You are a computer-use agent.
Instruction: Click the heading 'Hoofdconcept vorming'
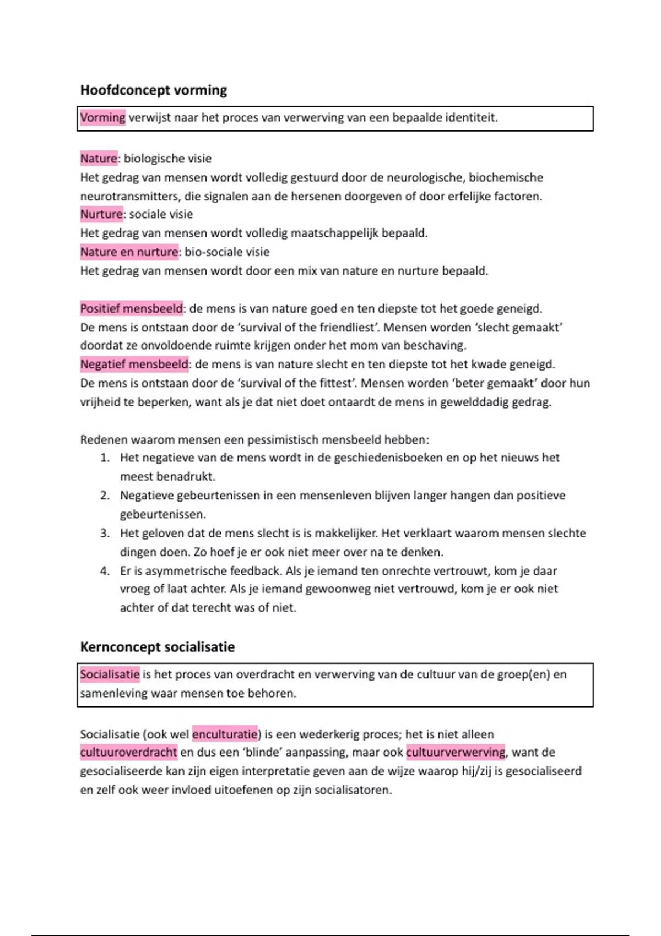pos(153,90)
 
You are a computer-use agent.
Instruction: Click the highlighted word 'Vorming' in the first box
pos(102,117)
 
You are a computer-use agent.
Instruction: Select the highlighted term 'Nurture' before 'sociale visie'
pos(101,214)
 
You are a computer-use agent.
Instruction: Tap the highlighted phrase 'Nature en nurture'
pos(129,252)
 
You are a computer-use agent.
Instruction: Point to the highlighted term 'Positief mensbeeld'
pos(131,308)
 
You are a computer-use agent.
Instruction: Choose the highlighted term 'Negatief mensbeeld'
pos(134,364)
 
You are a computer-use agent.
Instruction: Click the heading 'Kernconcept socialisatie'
pos(157,647)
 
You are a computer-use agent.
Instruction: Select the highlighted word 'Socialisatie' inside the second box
pos(110,674)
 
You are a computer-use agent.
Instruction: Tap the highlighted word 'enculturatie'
pos(225,734)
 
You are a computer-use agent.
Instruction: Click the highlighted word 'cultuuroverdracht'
pos(128,752)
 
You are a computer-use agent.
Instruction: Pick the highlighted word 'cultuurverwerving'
pos(455,752)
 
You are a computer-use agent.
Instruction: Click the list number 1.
pos(105,458)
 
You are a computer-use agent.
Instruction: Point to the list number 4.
pos(105,571)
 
